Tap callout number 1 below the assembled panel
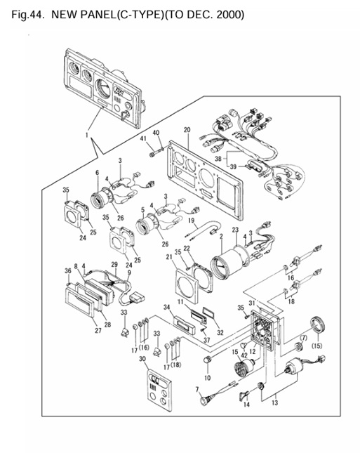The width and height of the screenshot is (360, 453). (x=87, y=133)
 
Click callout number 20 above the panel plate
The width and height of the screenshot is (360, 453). (x=187, y=129)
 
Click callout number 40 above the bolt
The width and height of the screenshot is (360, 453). (x=156, y=133)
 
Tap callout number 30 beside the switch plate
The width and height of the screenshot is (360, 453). (x=143, y=359)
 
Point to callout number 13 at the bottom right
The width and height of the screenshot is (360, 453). (x=274, y=402)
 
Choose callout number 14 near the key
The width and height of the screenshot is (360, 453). (x=246, y=405)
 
